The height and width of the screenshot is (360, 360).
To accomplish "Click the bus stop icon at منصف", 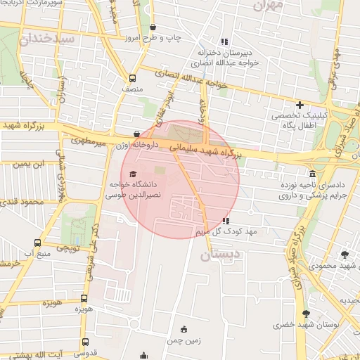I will click(132, 79).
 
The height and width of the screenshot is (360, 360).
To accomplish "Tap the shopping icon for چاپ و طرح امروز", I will click(153, 27).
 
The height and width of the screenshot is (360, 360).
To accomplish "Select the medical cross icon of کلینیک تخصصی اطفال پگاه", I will click(300, 105).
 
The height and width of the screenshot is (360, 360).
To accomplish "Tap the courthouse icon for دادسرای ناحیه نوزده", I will click(312, 174).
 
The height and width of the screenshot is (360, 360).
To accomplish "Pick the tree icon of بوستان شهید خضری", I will click(305, 314).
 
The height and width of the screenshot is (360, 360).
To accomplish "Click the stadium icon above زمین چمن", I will click(184, 329).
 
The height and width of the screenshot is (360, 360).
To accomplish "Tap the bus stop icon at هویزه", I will click(84, 298).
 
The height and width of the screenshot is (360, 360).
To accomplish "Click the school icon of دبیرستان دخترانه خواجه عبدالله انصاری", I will click(224, 41).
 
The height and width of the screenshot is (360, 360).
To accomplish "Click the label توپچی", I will click(67, 247).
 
